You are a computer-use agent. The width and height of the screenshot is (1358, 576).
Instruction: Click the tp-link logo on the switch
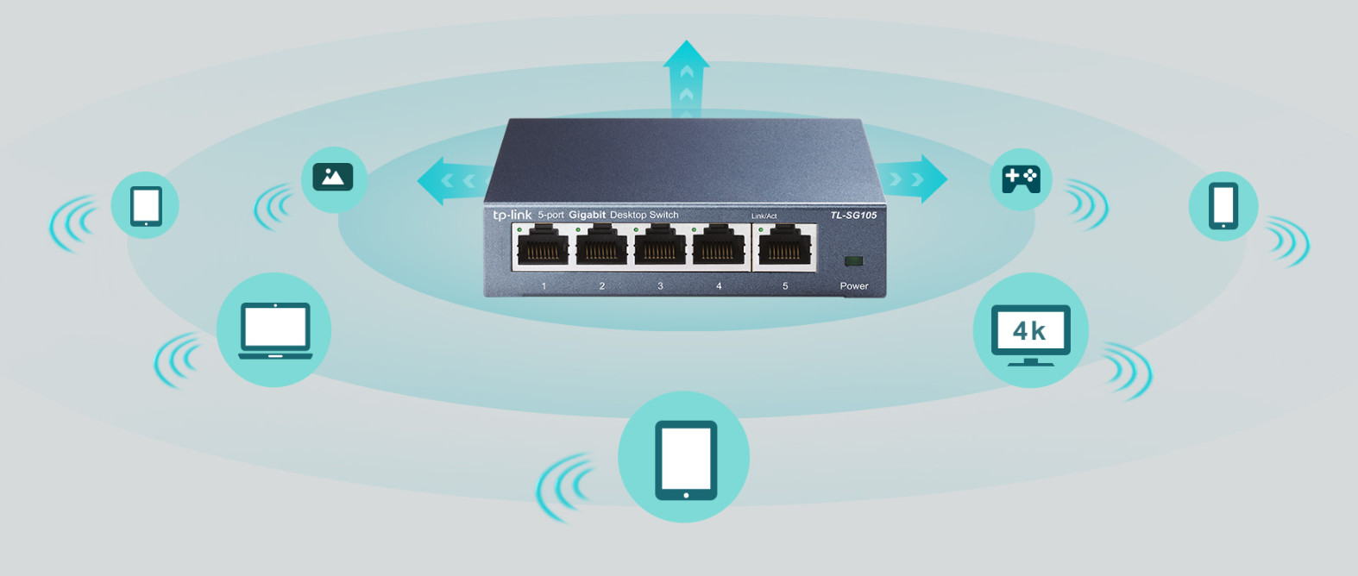[x=512, y=215]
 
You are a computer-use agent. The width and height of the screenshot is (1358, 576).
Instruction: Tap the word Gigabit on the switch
[x=587, y=215]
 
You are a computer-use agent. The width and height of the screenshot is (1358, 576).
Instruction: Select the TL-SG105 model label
[x=853, y=215]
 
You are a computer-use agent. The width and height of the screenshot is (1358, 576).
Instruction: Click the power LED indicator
[x=854, y=260]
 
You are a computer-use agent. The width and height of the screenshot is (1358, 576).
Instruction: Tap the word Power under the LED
[x=854, y=286]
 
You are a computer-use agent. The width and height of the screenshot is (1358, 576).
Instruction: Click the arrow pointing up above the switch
[x=687, y=78]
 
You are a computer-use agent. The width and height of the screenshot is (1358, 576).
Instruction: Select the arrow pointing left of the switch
[x=449, y=181]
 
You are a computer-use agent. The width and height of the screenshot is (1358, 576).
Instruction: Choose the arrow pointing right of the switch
[x=916, y=179]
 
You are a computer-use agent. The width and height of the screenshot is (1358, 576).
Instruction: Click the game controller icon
[x=1021, y=179]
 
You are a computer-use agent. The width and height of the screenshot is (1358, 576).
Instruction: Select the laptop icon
[x=274, y=330]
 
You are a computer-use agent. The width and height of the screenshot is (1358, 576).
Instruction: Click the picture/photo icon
[x=333, y=177]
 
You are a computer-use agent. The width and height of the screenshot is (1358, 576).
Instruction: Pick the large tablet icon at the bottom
[x=685, y=459]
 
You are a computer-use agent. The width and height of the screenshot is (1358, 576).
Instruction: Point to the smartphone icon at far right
[x=1223, y=205]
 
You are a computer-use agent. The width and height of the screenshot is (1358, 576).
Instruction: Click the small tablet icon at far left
[x=146, y=206]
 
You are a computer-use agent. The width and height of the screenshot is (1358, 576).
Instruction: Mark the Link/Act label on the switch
[x=764, y=216]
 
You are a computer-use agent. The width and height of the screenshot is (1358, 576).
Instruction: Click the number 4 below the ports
[x=719, y=286]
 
